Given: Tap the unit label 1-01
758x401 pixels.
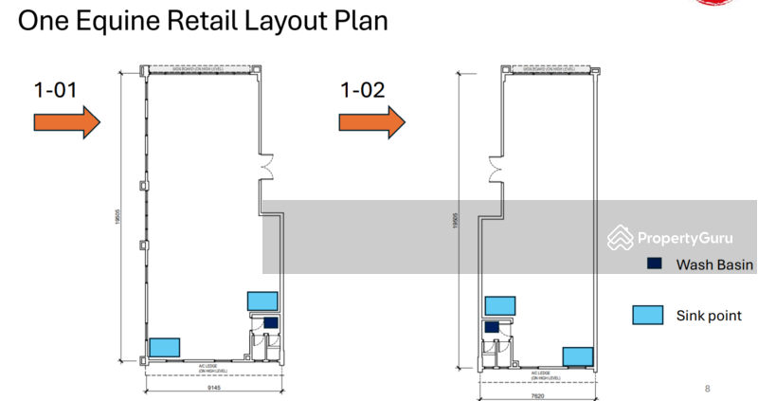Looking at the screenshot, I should [x=55, y=91].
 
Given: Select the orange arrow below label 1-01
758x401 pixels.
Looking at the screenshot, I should [x=67, y=121].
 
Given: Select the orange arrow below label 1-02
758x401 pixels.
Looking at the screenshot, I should [x=372, y=121].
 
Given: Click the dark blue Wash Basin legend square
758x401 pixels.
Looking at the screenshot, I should [x=654, y=264].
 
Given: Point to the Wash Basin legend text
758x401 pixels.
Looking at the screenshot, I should [x=714, y=265].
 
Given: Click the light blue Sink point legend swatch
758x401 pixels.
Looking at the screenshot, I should [x=648, y=316].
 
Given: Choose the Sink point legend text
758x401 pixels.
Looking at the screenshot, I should [x=709, y=316].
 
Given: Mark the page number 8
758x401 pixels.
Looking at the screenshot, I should [x=707, y=388].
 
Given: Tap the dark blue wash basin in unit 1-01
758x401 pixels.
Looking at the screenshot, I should [x=270, y=322].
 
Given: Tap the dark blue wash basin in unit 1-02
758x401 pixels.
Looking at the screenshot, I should [x=492, y=327].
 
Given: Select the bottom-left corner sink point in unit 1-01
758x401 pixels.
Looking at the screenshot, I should [x=165, y=347].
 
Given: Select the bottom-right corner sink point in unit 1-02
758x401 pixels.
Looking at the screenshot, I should [x=577, y=356].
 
